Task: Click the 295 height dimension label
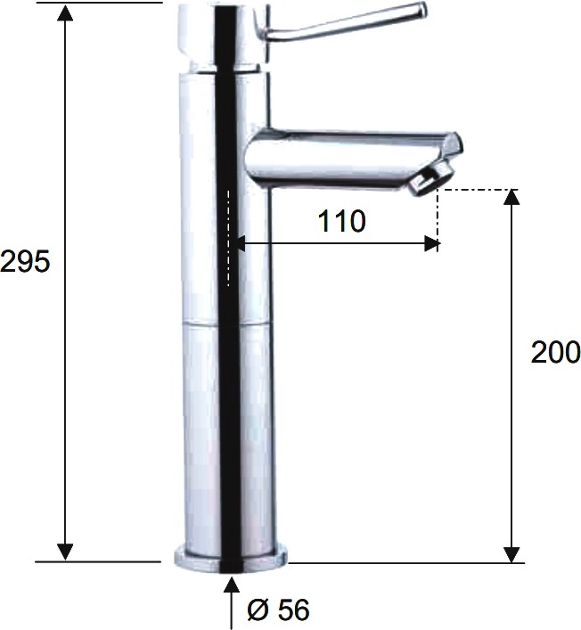(25, 261)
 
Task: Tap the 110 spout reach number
(341, 221)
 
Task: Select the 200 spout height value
(555, 352)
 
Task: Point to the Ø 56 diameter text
(278, 610)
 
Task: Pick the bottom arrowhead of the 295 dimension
(65, 552)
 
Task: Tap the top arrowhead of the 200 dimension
(511, 198)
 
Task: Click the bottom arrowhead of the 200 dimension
(511, 554)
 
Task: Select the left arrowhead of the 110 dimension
(241, 243)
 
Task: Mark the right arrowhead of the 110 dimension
(432, 243)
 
